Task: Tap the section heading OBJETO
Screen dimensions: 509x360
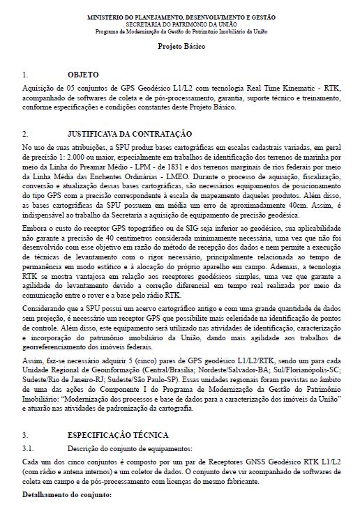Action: pos(82,74)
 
